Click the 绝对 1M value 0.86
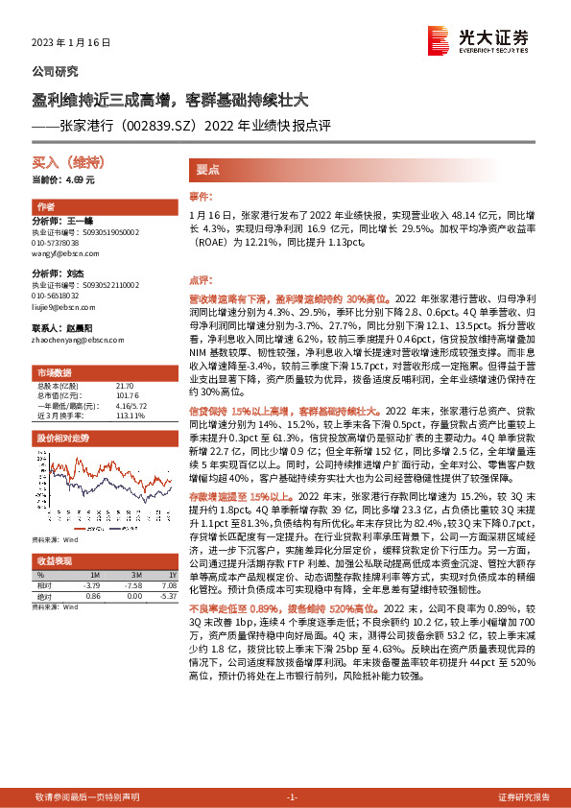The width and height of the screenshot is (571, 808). click(x=92, y=595)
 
